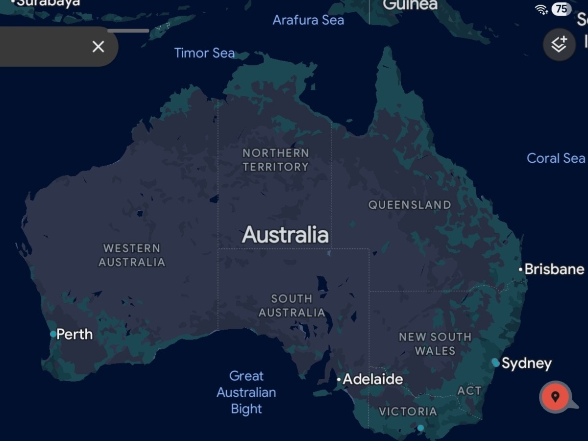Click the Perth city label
point(74,334)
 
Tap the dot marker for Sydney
point(496,363)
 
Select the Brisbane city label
point(554,269)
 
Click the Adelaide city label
point(372,379)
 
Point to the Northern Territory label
point(276,160)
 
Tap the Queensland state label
point(410,205)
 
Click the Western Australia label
point(132,255)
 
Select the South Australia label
point(292,305)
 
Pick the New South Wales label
point(435,343)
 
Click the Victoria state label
point(408,411)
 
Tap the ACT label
point(469,391)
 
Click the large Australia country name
point(285,235)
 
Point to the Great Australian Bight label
point(246,392)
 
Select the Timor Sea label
point(204,53)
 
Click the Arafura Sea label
point(308,20)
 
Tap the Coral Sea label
point(556,158)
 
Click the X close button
point(98,47)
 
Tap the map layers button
point(559,45)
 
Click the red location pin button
point(555,396)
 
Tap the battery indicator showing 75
point(562,9)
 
